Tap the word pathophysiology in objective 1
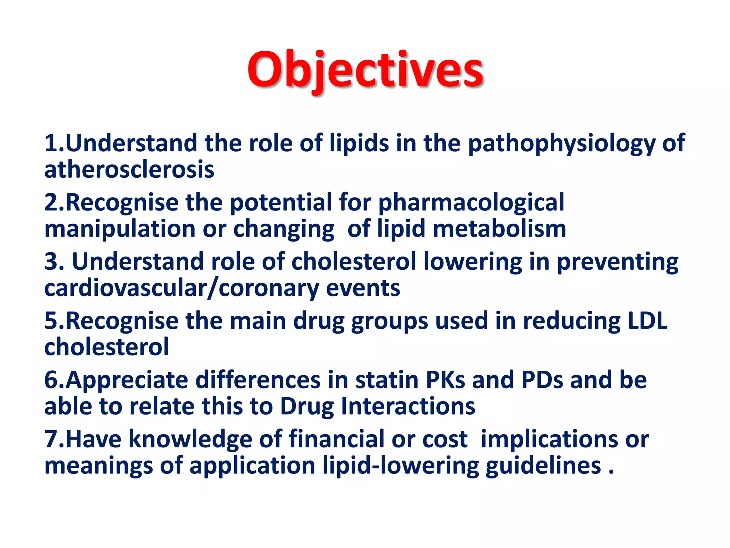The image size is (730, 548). click(x=561, y=143)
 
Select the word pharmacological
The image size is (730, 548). click(x=471, y=203)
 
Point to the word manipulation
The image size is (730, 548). click(x=120, y=229)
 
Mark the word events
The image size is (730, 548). click(x=363, y=288)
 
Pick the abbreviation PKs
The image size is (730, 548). click(x=445, y=380)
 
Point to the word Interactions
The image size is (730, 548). click(x=408, y=406)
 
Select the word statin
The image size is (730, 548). click(x=386, y=380)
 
